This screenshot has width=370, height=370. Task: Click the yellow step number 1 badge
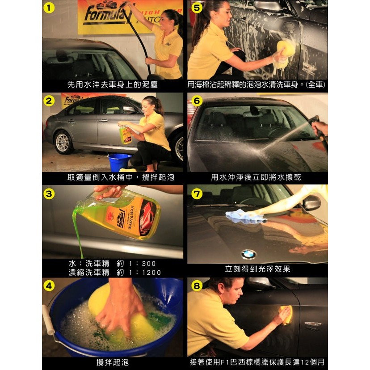(49, 8)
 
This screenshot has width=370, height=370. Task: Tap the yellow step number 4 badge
(49, 286)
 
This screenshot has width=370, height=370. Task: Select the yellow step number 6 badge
(197, 101)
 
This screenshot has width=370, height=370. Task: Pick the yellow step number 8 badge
(197, 286)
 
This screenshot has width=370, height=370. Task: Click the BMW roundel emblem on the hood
(248, 254)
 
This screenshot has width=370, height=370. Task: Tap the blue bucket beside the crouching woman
(119, 162)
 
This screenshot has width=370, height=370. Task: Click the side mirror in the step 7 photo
(311, 202)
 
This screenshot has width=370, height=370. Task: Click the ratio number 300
(149, 264)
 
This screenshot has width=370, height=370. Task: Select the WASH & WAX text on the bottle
(130, 217)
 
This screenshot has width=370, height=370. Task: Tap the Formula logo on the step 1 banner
(105, 15)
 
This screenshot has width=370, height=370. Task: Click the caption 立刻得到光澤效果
(257, 269)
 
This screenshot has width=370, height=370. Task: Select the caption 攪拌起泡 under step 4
(113, 362)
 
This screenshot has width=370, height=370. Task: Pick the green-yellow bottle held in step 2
(125, 135)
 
